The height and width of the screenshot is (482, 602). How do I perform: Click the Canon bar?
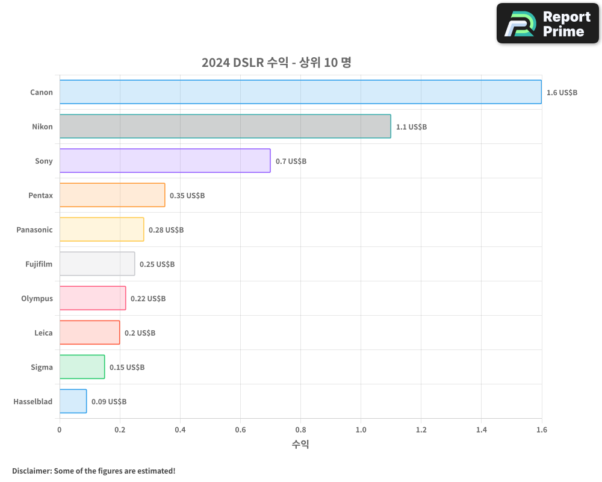point(300,92)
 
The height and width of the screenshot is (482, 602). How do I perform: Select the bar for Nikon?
point(225,127)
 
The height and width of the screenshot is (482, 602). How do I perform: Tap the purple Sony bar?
point(165,161)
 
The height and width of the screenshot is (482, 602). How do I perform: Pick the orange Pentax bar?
point(112,195)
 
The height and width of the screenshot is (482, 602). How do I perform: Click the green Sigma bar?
point(82,367)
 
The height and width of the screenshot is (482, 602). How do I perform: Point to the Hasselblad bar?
point(73,401)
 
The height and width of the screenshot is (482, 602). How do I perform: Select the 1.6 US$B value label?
point(562,93)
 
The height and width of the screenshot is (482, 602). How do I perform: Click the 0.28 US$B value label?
point(166,230)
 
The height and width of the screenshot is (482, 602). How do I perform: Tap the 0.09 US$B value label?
point(109,402)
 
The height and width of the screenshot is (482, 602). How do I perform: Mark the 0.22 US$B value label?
point(148,299)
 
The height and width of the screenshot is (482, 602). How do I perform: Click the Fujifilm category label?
point(39,264)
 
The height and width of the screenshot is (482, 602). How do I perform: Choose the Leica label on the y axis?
point(43,333)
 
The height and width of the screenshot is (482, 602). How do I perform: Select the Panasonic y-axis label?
point(34,230)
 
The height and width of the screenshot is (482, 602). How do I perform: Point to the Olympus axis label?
point(37,298)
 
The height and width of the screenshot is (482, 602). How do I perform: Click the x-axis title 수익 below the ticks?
point(300,445)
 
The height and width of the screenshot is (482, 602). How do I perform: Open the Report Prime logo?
point(548,23)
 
